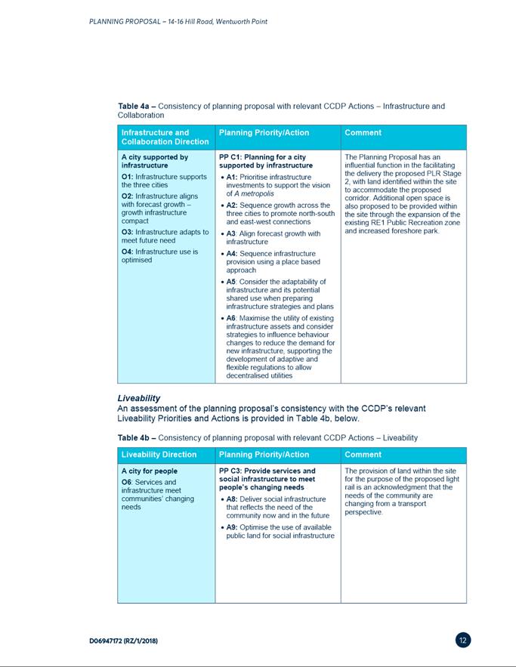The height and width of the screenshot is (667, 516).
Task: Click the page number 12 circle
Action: [463, 641]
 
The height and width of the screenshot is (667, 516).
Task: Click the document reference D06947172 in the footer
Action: [123, 641]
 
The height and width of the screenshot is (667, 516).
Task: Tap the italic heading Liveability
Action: [138, 397]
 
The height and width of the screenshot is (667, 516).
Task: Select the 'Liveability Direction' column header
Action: [159, 455]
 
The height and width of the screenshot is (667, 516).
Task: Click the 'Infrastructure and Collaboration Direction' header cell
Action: [165, 137]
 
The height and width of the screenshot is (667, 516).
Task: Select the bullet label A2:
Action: [233, 205]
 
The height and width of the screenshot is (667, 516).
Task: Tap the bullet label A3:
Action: [233, 233]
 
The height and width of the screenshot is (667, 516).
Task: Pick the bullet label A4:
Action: [233, 253]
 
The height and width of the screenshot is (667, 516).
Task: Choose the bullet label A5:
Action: [233, 282]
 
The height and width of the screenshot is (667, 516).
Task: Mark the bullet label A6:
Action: [233, 319]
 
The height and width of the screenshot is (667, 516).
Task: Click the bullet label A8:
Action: [233, 499]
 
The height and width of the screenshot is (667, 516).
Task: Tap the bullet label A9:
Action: [233, 526]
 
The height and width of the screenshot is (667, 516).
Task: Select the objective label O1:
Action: [128, 177]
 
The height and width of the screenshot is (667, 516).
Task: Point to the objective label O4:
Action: [128, 251]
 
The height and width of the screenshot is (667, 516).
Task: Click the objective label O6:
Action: [128, 482]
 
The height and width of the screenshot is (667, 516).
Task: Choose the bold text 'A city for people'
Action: [150, 471]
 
